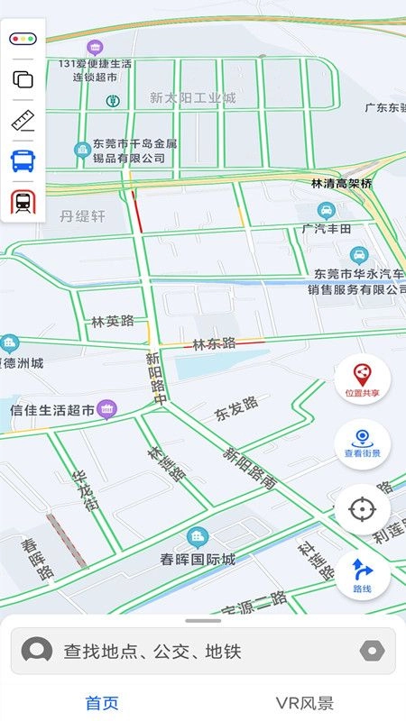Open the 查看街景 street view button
click(362, 443)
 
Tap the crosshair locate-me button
click(362, 509)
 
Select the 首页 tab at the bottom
click(102, 703)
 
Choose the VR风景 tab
click(305, 703)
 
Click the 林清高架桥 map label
click(341, 183)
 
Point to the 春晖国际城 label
click(198, 559)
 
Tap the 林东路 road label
click(215, 343)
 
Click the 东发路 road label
click(236, 409)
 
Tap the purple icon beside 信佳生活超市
click(107, 409)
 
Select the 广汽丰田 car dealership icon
click(327, 211)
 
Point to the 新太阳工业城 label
click(192, 97)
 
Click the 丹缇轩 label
click(83, 216)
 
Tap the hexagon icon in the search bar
click(371, 651)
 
